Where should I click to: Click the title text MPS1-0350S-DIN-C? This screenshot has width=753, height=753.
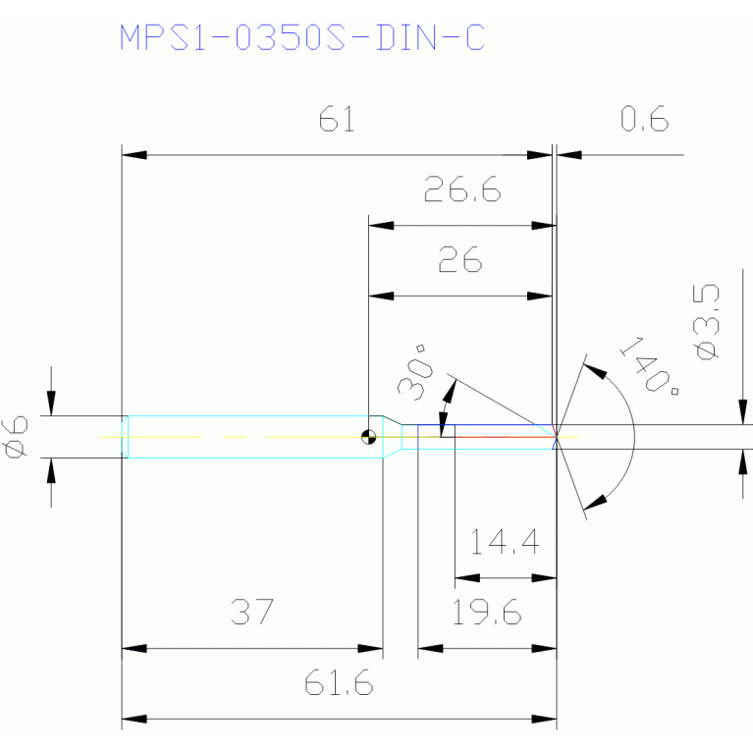tap(302, 37)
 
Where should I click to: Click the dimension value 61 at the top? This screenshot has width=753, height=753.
tap(337, 119)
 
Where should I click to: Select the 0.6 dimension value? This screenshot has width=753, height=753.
tap(644, 119)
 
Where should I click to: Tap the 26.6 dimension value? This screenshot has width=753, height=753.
tap(462, 188)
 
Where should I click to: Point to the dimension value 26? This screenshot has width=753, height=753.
tap(460, 259)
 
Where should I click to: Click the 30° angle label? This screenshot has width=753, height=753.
tap(416, 372)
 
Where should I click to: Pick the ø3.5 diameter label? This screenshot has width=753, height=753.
tap(706, 322)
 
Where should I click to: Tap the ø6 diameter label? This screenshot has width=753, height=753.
tap(16, 438)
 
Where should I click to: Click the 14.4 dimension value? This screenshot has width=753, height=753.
tap(505, 542)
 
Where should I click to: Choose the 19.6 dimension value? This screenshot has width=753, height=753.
tap(487, 612)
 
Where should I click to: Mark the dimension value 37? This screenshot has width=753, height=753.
tap(252, 612)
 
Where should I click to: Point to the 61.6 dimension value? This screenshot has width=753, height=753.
tap(339, 682)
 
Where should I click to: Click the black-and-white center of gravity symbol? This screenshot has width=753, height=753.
tap(368, 437)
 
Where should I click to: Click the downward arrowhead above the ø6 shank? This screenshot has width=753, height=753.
tap(51, 403)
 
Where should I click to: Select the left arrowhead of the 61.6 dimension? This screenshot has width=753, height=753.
tap(134, 719)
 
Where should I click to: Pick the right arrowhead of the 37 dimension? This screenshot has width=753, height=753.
tap(370, 649)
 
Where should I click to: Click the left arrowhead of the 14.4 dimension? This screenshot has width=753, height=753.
tap(467, 578)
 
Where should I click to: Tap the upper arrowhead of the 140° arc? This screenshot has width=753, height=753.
tap(595, 371)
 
